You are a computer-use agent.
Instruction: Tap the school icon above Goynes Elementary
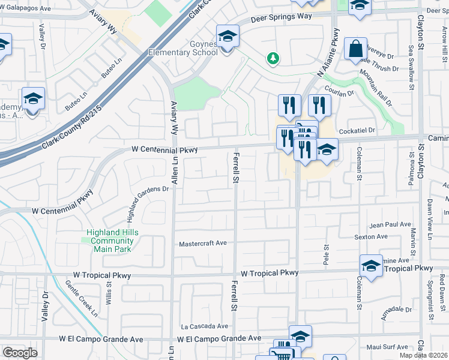pos(228,36)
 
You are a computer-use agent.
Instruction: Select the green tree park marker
pos(273,58)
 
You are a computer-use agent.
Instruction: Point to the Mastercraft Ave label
pos(203,244)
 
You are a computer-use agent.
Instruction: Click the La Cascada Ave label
pos(205,326)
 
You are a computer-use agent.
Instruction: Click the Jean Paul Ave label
pos(386,225)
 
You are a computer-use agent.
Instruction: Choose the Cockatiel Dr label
pos(356,130)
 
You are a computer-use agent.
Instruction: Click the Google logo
pos(20,352)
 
